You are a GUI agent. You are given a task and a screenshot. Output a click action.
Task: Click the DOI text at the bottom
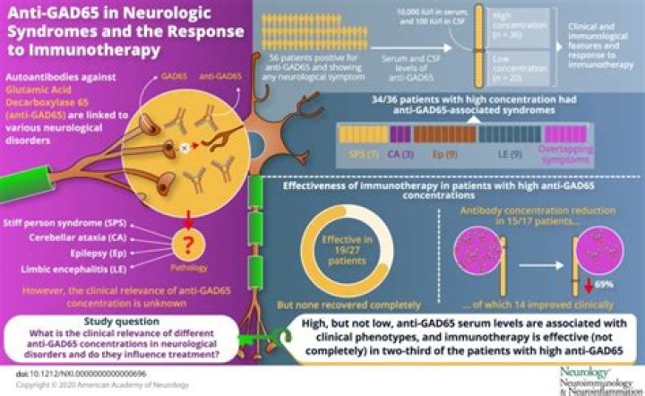pos(80,371)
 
